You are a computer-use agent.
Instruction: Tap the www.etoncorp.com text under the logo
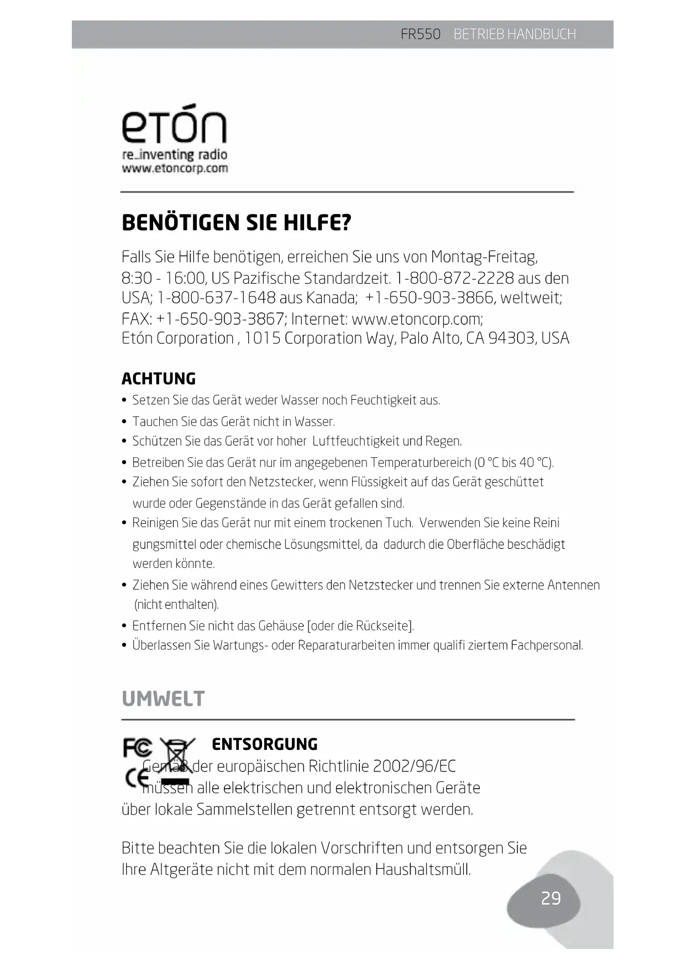[x=175, y=168]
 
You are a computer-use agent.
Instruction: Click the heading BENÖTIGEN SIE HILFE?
[x=236, y=223]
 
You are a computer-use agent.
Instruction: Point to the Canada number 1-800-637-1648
[x=216, y=298]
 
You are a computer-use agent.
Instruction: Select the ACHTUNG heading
[x=159, y=379]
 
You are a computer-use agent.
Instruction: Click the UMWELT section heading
[x=163, y=698]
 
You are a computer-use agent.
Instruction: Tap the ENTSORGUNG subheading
[x=265, y=744]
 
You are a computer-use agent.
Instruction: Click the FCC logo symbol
[x=138, y=748]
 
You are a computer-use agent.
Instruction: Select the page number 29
[x=551, y=898]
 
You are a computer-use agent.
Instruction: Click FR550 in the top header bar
[x=420, y=34]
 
